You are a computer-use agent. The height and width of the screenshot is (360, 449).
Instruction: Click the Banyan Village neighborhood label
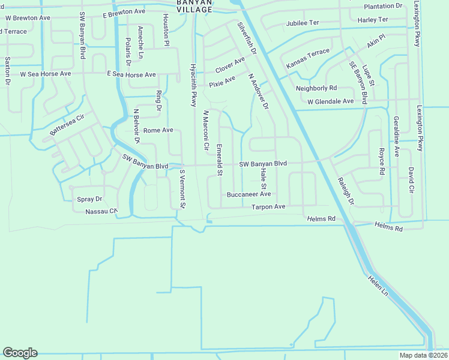pos(194,6)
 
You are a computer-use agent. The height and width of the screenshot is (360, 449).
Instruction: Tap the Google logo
pos(20,353)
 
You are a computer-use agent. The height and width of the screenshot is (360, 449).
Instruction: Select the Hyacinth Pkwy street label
pos(193,85)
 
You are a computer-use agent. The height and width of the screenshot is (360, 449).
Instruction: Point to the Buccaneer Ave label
pos(249,194)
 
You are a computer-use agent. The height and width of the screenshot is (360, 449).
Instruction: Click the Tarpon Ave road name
pos(268,206)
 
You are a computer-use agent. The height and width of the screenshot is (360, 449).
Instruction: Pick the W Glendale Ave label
pos(330,101)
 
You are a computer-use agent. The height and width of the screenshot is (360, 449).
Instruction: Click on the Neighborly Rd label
pos(316,88)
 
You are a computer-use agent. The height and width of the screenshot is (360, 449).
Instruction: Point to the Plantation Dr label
pos(383,6)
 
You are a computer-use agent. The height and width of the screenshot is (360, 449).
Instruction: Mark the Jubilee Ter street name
pos(303,23)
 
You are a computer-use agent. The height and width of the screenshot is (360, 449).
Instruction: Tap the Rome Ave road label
pos(158,130)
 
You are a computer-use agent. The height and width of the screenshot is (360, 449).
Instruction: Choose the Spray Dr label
pos(90,199)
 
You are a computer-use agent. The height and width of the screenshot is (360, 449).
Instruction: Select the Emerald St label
pos(220,160)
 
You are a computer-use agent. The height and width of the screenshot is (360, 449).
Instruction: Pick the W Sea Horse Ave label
pos(46,74)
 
